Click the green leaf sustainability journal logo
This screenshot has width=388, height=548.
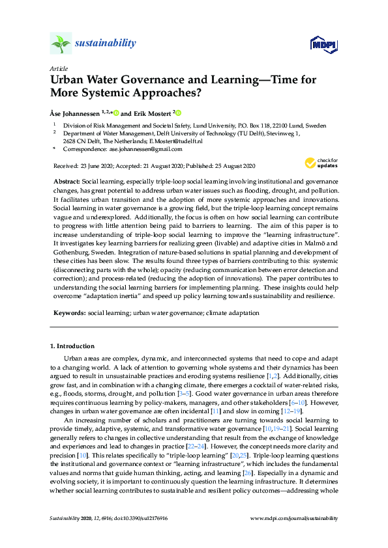coord(61,44)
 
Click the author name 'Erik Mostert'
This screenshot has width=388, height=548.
coord(153,112)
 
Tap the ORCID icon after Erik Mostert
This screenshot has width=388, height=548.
coord(177,112)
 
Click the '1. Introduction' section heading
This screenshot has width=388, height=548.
coord(72,346)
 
